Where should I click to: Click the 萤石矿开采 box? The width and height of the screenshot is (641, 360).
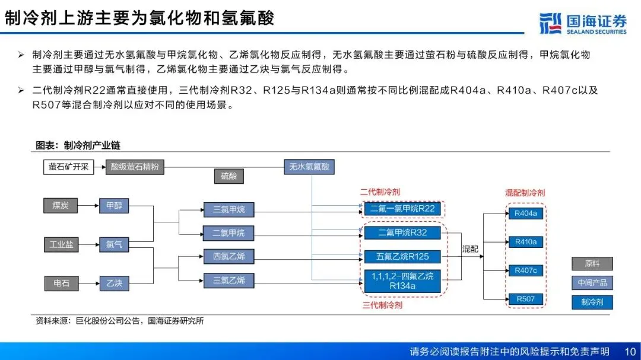(69, 167)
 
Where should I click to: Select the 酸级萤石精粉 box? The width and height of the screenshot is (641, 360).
(135, 167)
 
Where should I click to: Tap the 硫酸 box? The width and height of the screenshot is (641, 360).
(229, 177)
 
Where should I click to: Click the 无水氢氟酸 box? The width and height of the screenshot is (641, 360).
(309, 167)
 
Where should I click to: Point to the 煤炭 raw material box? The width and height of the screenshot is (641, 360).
(61, 206)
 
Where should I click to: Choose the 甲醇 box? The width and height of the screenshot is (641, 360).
(114, 206)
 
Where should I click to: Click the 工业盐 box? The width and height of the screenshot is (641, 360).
(61, 245)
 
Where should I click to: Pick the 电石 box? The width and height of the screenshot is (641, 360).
(61, 283)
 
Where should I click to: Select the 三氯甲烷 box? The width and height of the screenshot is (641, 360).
(229, 209)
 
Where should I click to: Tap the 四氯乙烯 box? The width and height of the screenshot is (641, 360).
(229, 257)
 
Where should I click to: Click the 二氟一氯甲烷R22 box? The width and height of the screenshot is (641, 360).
(402, 209)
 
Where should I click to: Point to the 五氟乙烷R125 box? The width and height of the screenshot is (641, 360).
(402, 257)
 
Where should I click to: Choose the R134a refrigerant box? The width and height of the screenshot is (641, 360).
(402, 281)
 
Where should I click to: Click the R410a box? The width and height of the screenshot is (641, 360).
(526, 242)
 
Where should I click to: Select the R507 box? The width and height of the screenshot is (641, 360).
(526, 299)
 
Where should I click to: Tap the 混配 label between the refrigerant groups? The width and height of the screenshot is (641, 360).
(470, 249)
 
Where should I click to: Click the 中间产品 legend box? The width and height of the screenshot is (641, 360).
(592, 283)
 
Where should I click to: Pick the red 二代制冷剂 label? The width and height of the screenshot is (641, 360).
(380, 192)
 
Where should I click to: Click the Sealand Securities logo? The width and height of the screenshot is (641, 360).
(583, 23)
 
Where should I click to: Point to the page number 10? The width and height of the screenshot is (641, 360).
(630, 352)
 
